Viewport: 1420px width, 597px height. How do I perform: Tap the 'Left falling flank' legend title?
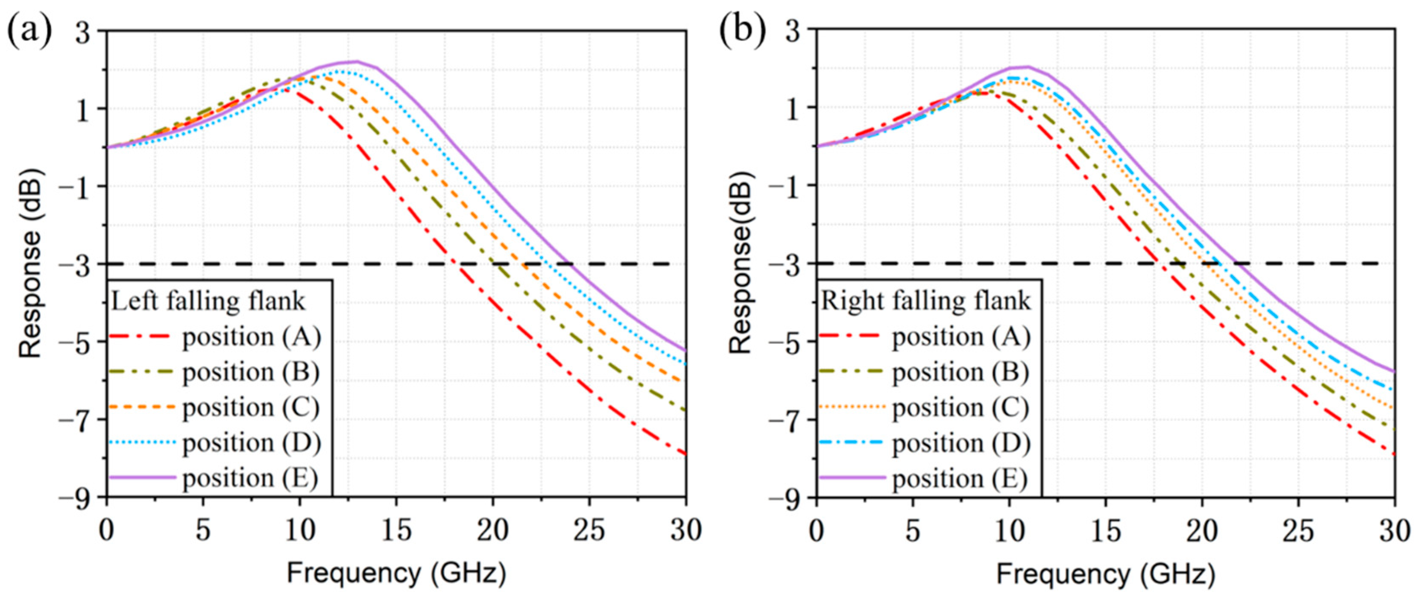point(208,301)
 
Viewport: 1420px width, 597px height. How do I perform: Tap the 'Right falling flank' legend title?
point(925,301)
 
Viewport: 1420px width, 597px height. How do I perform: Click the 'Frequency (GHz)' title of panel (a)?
point(396,573)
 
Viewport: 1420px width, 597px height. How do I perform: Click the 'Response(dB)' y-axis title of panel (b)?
point(741,262)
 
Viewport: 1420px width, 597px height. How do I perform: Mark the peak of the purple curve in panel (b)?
point(1026,67)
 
